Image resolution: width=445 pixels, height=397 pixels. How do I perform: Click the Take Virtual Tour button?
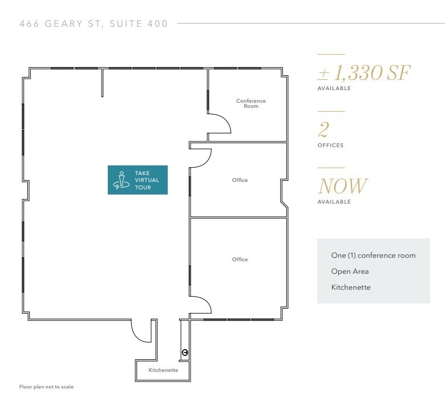(137, 180)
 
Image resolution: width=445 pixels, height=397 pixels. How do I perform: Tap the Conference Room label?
(251, 103)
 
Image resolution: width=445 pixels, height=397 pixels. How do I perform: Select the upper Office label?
(240, 180)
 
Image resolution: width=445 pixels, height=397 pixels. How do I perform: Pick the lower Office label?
(240, 260)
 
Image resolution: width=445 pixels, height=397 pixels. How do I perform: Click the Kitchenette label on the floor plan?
(163, 370)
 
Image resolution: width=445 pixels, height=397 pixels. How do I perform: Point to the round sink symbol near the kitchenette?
(185, 353)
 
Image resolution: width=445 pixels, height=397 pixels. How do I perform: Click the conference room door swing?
(220, 123)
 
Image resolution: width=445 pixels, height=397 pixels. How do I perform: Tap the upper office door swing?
(201, 159)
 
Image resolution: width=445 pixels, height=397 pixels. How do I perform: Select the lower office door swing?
(201, 304)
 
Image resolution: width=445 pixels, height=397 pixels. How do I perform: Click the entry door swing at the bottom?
(141, 331)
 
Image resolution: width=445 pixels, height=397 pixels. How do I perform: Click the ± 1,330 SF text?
(364, 73)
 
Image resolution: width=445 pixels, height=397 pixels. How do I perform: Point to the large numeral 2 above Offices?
(323, 129)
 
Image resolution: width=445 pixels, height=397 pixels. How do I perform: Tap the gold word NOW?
(342, 186)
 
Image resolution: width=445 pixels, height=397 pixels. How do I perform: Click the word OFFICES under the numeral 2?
(330, 145)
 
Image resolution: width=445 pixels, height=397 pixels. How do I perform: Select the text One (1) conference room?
(373, 256)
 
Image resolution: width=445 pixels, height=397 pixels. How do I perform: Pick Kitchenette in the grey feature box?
(351, 287)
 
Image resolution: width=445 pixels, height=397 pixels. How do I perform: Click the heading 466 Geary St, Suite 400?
(94, 24)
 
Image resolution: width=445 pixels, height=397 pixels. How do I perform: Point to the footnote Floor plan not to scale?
(46, 387)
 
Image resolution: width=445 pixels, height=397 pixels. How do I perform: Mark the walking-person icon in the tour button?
(120, 180)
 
